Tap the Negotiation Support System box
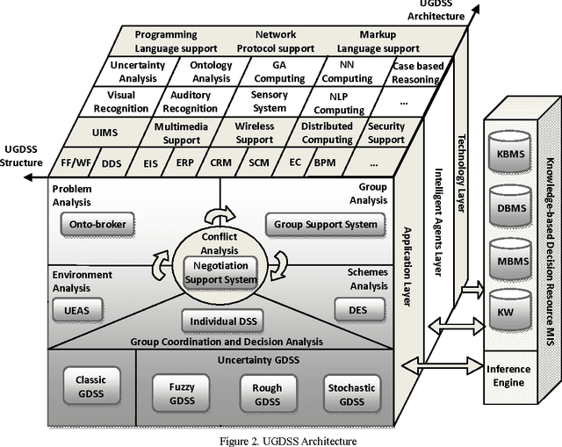point(221,273)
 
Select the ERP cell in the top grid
point(184,163)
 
